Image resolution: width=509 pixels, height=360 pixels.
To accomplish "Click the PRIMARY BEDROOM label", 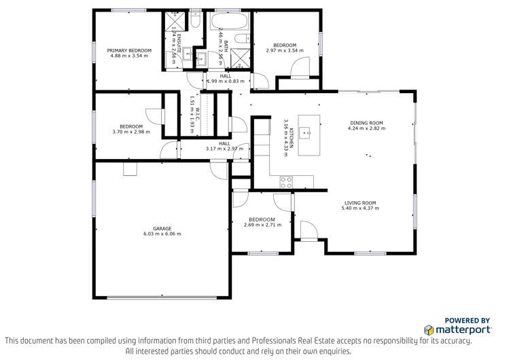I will pyautogui.click(x=129, y=51).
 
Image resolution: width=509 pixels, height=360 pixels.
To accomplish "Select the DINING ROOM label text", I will pyautogui.click(x=366, y=123).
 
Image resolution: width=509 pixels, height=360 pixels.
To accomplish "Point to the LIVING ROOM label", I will pyautogui.click(x=360, y=202).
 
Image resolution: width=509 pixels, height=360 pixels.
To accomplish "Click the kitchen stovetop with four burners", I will pyautogui.click(x=287, y=181).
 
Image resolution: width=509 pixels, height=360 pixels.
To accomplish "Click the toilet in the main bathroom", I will pyautogui.click(x=201, y=58).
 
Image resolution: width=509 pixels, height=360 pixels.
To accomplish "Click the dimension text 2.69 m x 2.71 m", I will pyautogui.click(x=262, y=225).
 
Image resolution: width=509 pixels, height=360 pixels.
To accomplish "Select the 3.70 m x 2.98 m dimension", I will pyautogui.click(x=131, y=132).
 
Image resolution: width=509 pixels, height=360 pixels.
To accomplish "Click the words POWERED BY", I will pyautogui.click(x=468, y=321).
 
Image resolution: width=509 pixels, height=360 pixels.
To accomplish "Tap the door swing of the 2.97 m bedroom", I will pyautogui.click(x=297, y=69).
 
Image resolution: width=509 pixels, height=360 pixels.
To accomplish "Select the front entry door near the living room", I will pyautogui.click(x=308, y=232).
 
